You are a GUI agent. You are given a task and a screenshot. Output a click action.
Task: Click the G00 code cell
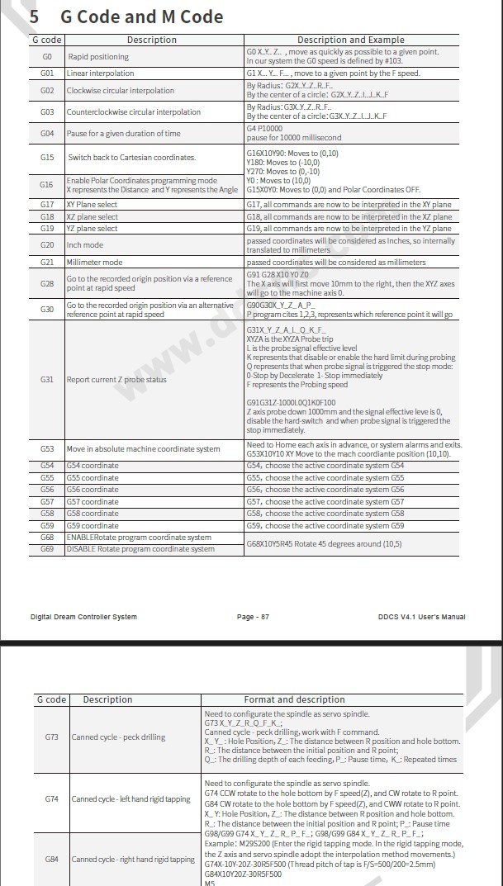tap(47, 56)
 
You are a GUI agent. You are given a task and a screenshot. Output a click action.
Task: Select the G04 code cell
tap(47, 133)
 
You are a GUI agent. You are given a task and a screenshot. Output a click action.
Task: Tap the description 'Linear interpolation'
tap(100, 73)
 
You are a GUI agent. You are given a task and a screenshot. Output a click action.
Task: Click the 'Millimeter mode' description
tap(94, 262)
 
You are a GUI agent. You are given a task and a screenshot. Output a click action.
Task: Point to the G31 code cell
tap(47, 380)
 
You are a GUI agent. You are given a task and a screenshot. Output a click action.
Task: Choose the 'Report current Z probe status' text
tap(116, 380)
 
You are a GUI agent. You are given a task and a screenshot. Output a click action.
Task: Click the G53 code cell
tap(47, 449)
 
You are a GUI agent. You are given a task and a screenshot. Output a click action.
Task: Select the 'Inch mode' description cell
tap(85, 245)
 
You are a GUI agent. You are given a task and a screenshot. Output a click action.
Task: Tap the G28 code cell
tap(47, 284)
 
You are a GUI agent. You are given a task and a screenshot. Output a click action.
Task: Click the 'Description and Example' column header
tap(350, 40)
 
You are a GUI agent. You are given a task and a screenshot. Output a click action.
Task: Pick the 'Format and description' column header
tap(294, 699)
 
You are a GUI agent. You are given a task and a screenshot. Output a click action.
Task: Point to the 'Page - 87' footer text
tap(253, 617)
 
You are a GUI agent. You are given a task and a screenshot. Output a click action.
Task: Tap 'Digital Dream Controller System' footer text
tap(83, 617)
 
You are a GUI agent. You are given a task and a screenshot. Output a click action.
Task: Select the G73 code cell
tap(51, 737)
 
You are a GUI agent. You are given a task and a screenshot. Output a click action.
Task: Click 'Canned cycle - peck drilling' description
tap(118, 737)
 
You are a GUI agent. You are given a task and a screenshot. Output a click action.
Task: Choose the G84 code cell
tap(51, 859)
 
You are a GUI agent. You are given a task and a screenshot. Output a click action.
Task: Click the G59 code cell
tap(47, 525)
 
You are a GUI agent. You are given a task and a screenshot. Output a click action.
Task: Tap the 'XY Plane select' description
tap(92, 204)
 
